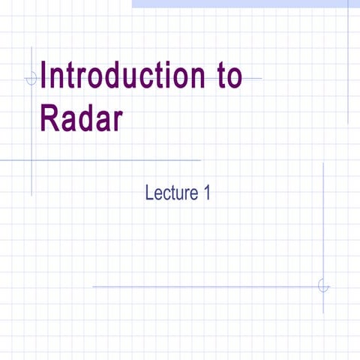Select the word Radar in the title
[81, 119]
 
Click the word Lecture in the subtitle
[170, 193]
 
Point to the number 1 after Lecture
[206, 193]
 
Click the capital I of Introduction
[45, 78]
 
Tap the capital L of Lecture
[149, 193]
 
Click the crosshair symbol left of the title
[31, 78]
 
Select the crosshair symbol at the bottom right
[323, 286]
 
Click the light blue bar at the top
[240, 4]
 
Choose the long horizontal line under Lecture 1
[202, 286]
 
